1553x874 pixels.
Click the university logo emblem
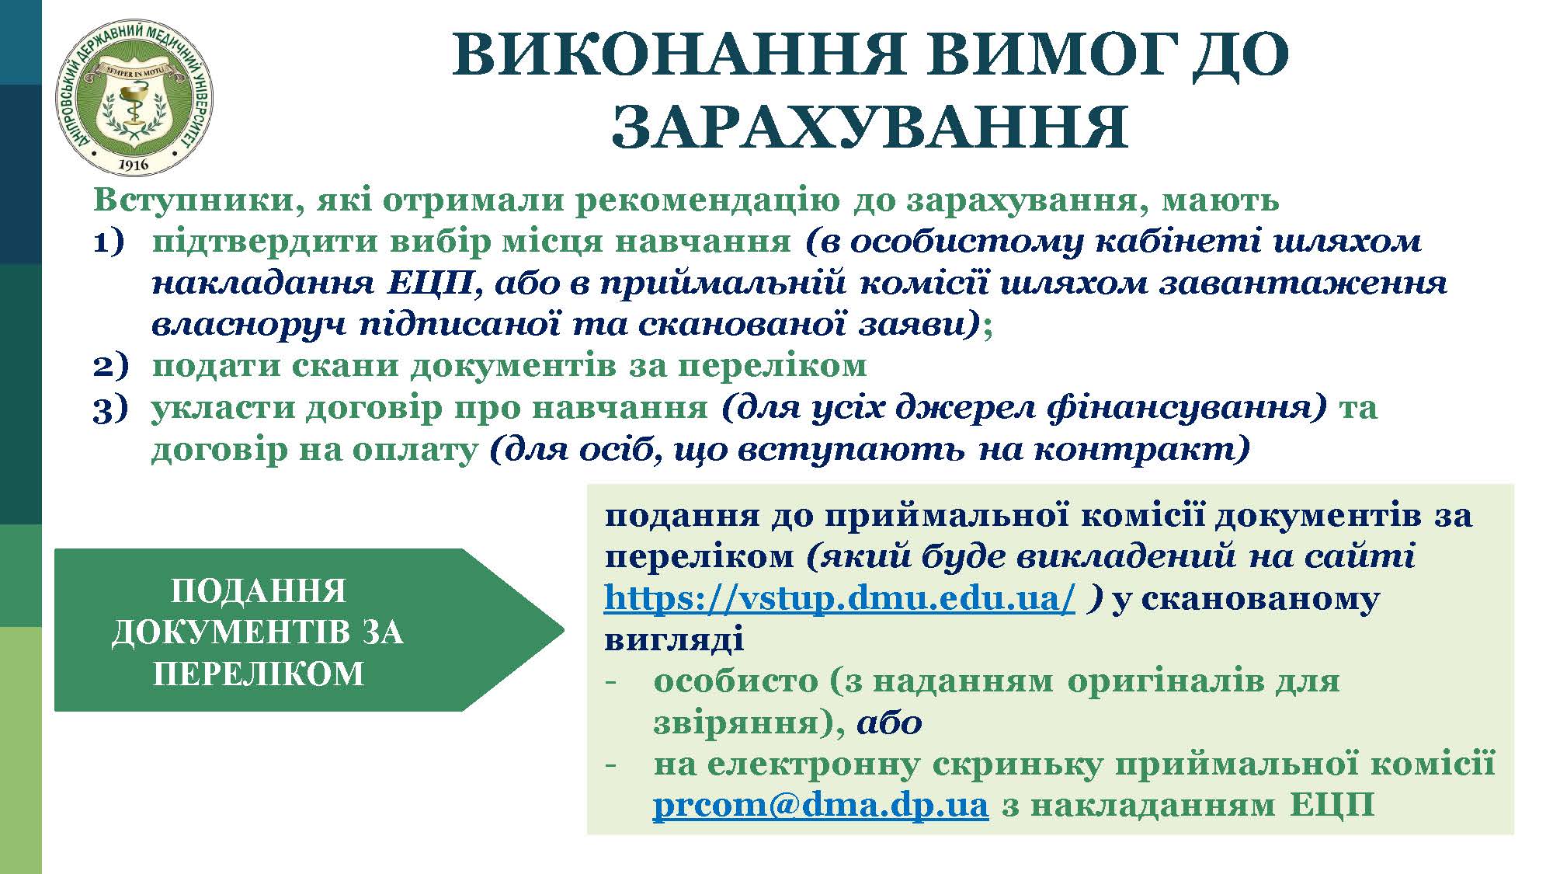click(x=135, y=99)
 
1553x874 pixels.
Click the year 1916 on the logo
click(x=135, y=165)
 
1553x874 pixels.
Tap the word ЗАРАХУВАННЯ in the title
click(x=870, y=127)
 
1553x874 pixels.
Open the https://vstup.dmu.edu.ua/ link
click(x=839, y=597)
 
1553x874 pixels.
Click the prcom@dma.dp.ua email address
click(x=820, y=804)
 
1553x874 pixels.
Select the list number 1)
click(x=109, y=242)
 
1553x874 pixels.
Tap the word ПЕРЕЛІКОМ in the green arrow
click(x=259, y=674)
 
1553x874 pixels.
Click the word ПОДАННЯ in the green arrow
click(x=259, y=591)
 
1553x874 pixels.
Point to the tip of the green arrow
click(x=564, y=629)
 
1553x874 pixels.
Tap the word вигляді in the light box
click(x=674, y=639)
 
